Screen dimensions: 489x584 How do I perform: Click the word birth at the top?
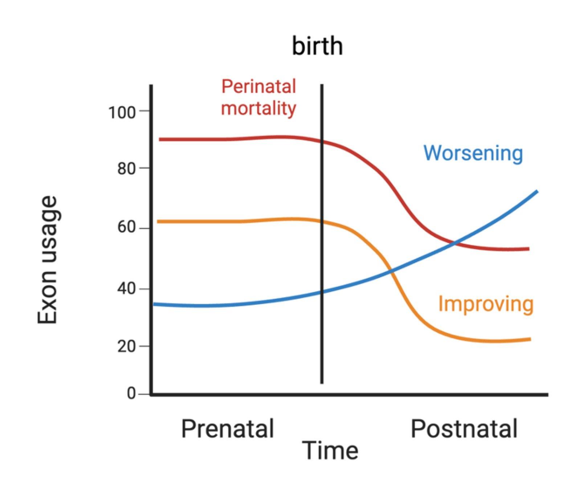tap(317, 46)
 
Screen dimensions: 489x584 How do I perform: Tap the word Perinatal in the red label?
tap(258, 87)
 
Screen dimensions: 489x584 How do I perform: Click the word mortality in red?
tap(258, 108)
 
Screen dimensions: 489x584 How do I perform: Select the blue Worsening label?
tap(473, 153)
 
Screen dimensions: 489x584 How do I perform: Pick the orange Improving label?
tap(486, 304)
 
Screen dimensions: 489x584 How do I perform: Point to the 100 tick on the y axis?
tap(122, 113)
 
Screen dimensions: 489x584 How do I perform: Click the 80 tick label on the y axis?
tap(126, 169)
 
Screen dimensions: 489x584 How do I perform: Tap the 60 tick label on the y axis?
tap(126, 228)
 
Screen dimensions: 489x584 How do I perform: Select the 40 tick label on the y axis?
tap(126, 289)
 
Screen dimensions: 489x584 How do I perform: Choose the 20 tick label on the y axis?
tap(126, 347)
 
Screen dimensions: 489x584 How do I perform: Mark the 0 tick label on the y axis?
tap(131, 394)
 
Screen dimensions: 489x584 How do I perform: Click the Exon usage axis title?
tap(48, 260)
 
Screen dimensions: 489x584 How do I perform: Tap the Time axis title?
tap(330, 451)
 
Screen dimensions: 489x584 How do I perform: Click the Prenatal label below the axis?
tap(227, 429)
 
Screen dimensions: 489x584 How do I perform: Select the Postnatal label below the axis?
tap(463, 429)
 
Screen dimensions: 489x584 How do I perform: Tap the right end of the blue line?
tap(536, 191)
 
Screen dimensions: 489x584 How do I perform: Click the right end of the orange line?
tap(530, 339)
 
